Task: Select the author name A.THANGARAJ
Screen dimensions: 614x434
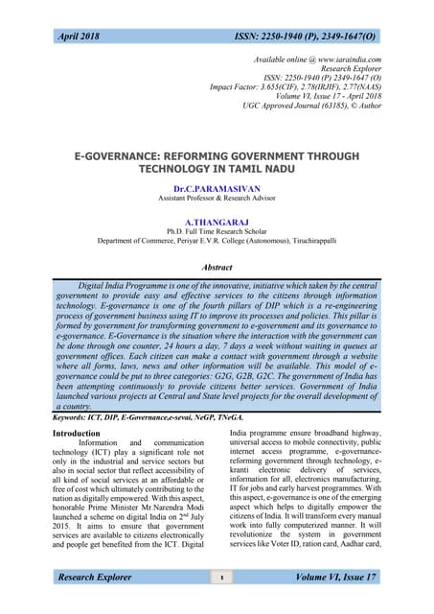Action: pyautogui.click(x=217, y=221)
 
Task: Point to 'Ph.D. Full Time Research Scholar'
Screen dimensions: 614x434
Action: pyautogui.click(x=217, y=231)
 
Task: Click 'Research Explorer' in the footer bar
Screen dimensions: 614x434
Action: pyautogui.click(x=100, y=578)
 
